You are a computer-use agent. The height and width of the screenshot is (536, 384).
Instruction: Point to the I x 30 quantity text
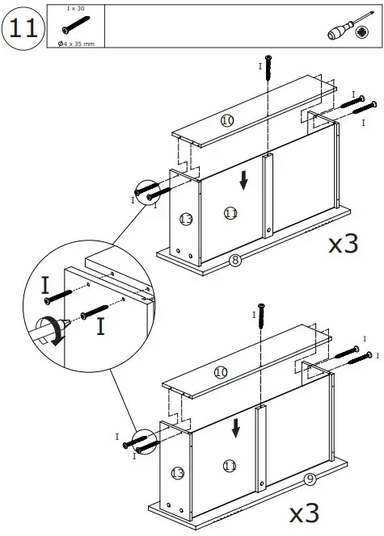click(76, 8)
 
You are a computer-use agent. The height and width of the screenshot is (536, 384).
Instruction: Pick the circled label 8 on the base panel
click(235, 259)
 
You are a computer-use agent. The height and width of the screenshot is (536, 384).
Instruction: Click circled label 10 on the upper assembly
click(227, 120)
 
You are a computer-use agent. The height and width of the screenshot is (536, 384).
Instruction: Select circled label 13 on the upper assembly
click(186, 219)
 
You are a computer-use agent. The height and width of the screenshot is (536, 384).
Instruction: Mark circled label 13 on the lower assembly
click(178, 472)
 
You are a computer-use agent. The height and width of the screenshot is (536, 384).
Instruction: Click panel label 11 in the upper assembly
click(231, 213)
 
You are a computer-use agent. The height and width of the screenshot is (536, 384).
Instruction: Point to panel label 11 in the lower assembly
click(230, 465)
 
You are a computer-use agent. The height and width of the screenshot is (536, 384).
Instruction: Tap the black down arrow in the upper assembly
click(244, 182)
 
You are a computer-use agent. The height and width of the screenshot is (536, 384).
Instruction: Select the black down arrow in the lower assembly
click(235, 427)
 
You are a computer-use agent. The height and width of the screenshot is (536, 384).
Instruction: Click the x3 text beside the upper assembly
click(343, 244)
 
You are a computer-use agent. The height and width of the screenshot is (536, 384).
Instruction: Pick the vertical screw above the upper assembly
click(268, 65)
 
